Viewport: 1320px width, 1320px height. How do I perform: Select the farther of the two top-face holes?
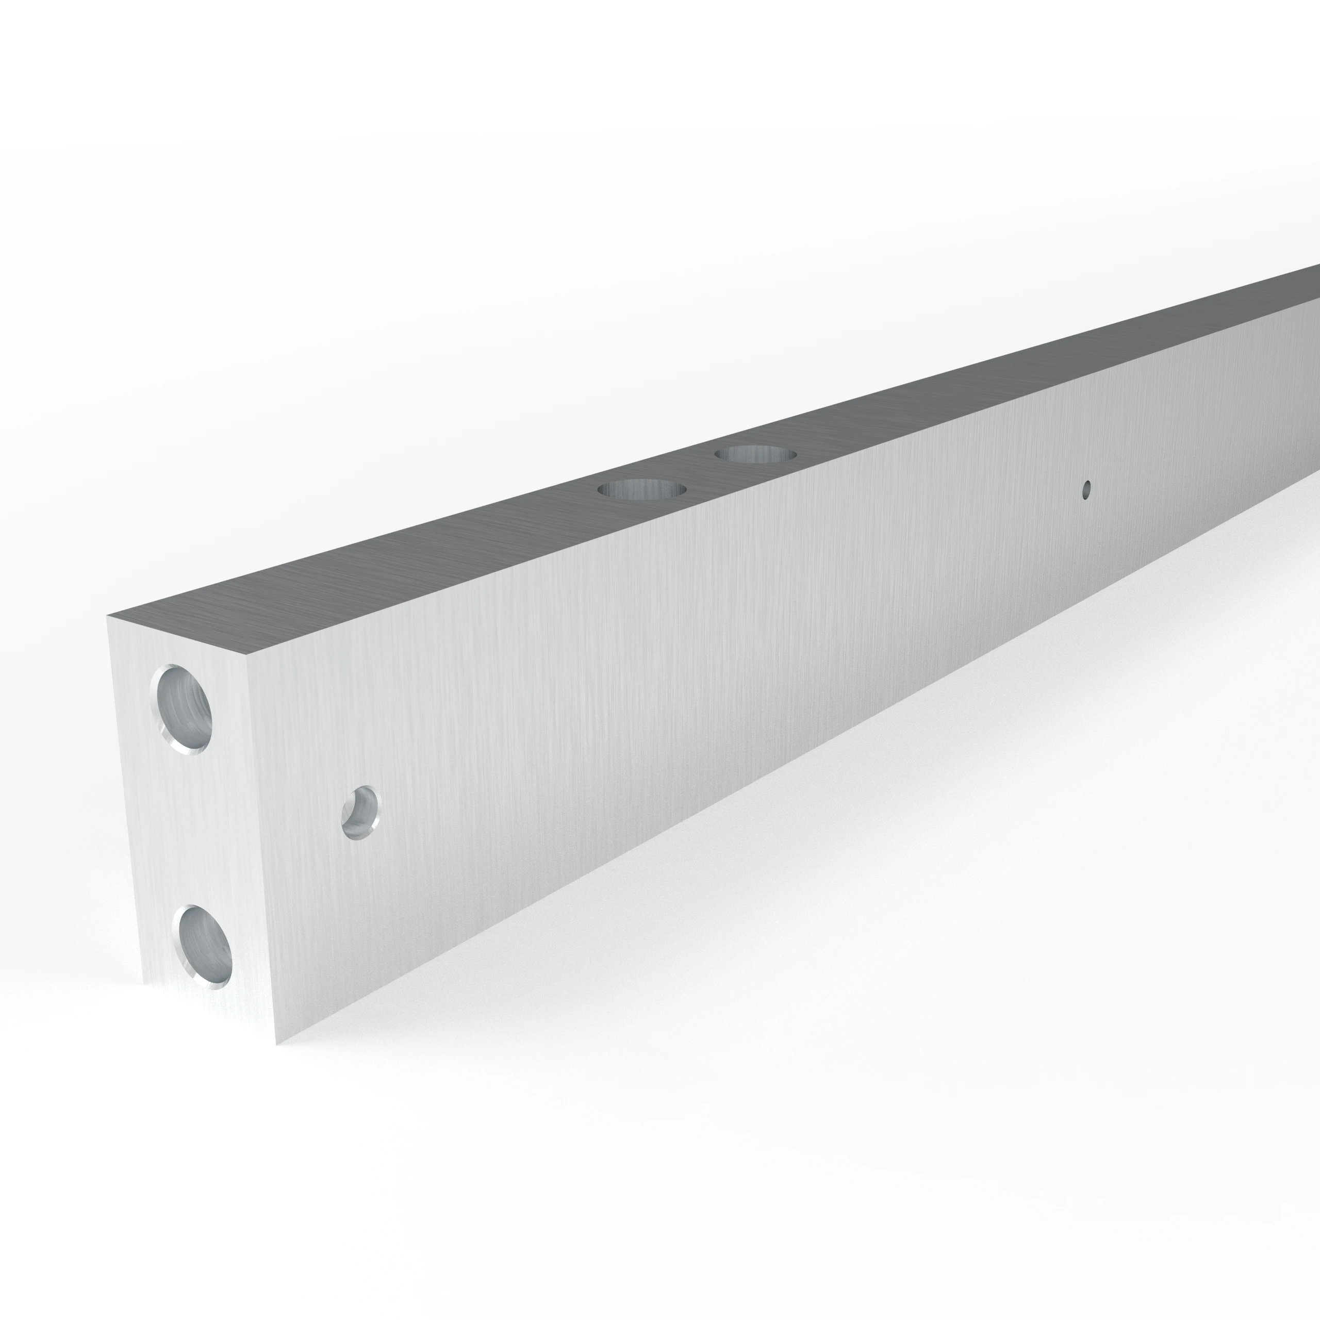(756, 453)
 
